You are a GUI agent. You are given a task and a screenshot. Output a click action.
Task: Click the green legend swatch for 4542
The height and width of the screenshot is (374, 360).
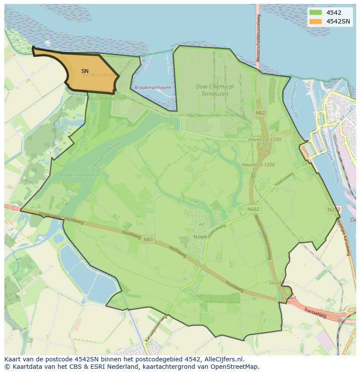pyautogui.click(x=316, y=13)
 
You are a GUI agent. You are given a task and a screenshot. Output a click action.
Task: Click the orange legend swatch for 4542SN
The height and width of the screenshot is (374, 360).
pyautogui.click(x=316, y=21)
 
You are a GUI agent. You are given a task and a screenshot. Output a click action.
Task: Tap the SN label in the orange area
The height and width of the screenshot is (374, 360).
pyautogui.click(x=85, y=71)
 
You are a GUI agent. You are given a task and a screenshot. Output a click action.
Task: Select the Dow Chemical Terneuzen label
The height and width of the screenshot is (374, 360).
pyautogui.click(x=215, y=90)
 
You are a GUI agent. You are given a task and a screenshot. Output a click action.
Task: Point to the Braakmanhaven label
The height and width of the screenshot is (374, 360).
pyautogui.click(x=153, y=88)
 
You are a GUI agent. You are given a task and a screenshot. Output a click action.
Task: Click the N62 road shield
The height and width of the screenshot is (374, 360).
pyautogui.click(x=260, y=113)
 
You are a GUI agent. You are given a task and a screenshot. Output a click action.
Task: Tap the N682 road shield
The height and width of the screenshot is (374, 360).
pyautogui.click(x=253, y=209)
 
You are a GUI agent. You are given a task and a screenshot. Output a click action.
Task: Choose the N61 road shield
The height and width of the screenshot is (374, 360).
pyautogui.click(x=148, y=239)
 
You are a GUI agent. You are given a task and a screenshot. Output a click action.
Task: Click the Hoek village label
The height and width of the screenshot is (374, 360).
pyautogui.click(x=200, y=237)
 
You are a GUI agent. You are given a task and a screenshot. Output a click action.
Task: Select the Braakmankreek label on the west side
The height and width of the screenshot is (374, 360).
pyautogui.click(x=77, y=175)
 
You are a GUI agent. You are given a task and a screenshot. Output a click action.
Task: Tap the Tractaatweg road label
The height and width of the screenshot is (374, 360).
pyautogui.click(x=315, y=313)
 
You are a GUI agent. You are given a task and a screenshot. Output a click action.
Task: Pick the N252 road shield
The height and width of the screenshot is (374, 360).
pyautogui.click(x=333, y=210)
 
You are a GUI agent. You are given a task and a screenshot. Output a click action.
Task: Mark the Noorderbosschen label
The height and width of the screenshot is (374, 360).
pyautogui.click(x=107, y=99)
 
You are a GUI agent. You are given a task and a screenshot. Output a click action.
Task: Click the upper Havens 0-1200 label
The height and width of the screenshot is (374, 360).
pyautogui.click(x=265, y=140)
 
